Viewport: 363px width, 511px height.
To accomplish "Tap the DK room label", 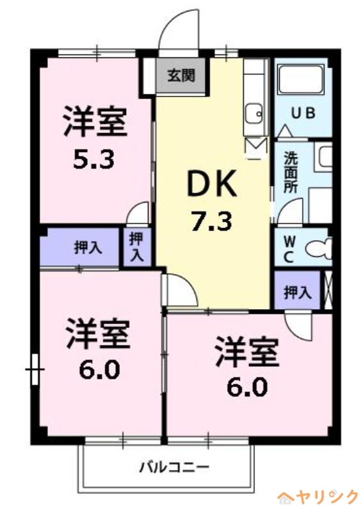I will (x=212, y=185).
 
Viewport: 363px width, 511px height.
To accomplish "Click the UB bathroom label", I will (x=303, y=114).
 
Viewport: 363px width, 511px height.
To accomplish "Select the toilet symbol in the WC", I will (x=318, y=247).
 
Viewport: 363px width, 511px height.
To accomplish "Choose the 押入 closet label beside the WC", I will (x=298, y=292).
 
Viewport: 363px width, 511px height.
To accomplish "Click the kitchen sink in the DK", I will (x=255, y=112).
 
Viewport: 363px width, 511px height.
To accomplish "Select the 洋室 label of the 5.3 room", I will (x=93, y=121).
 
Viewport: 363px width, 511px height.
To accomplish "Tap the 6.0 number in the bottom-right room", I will (x=246, y=388).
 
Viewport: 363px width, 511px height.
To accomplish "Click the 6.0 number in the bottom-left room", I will (x=99, y=370).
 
